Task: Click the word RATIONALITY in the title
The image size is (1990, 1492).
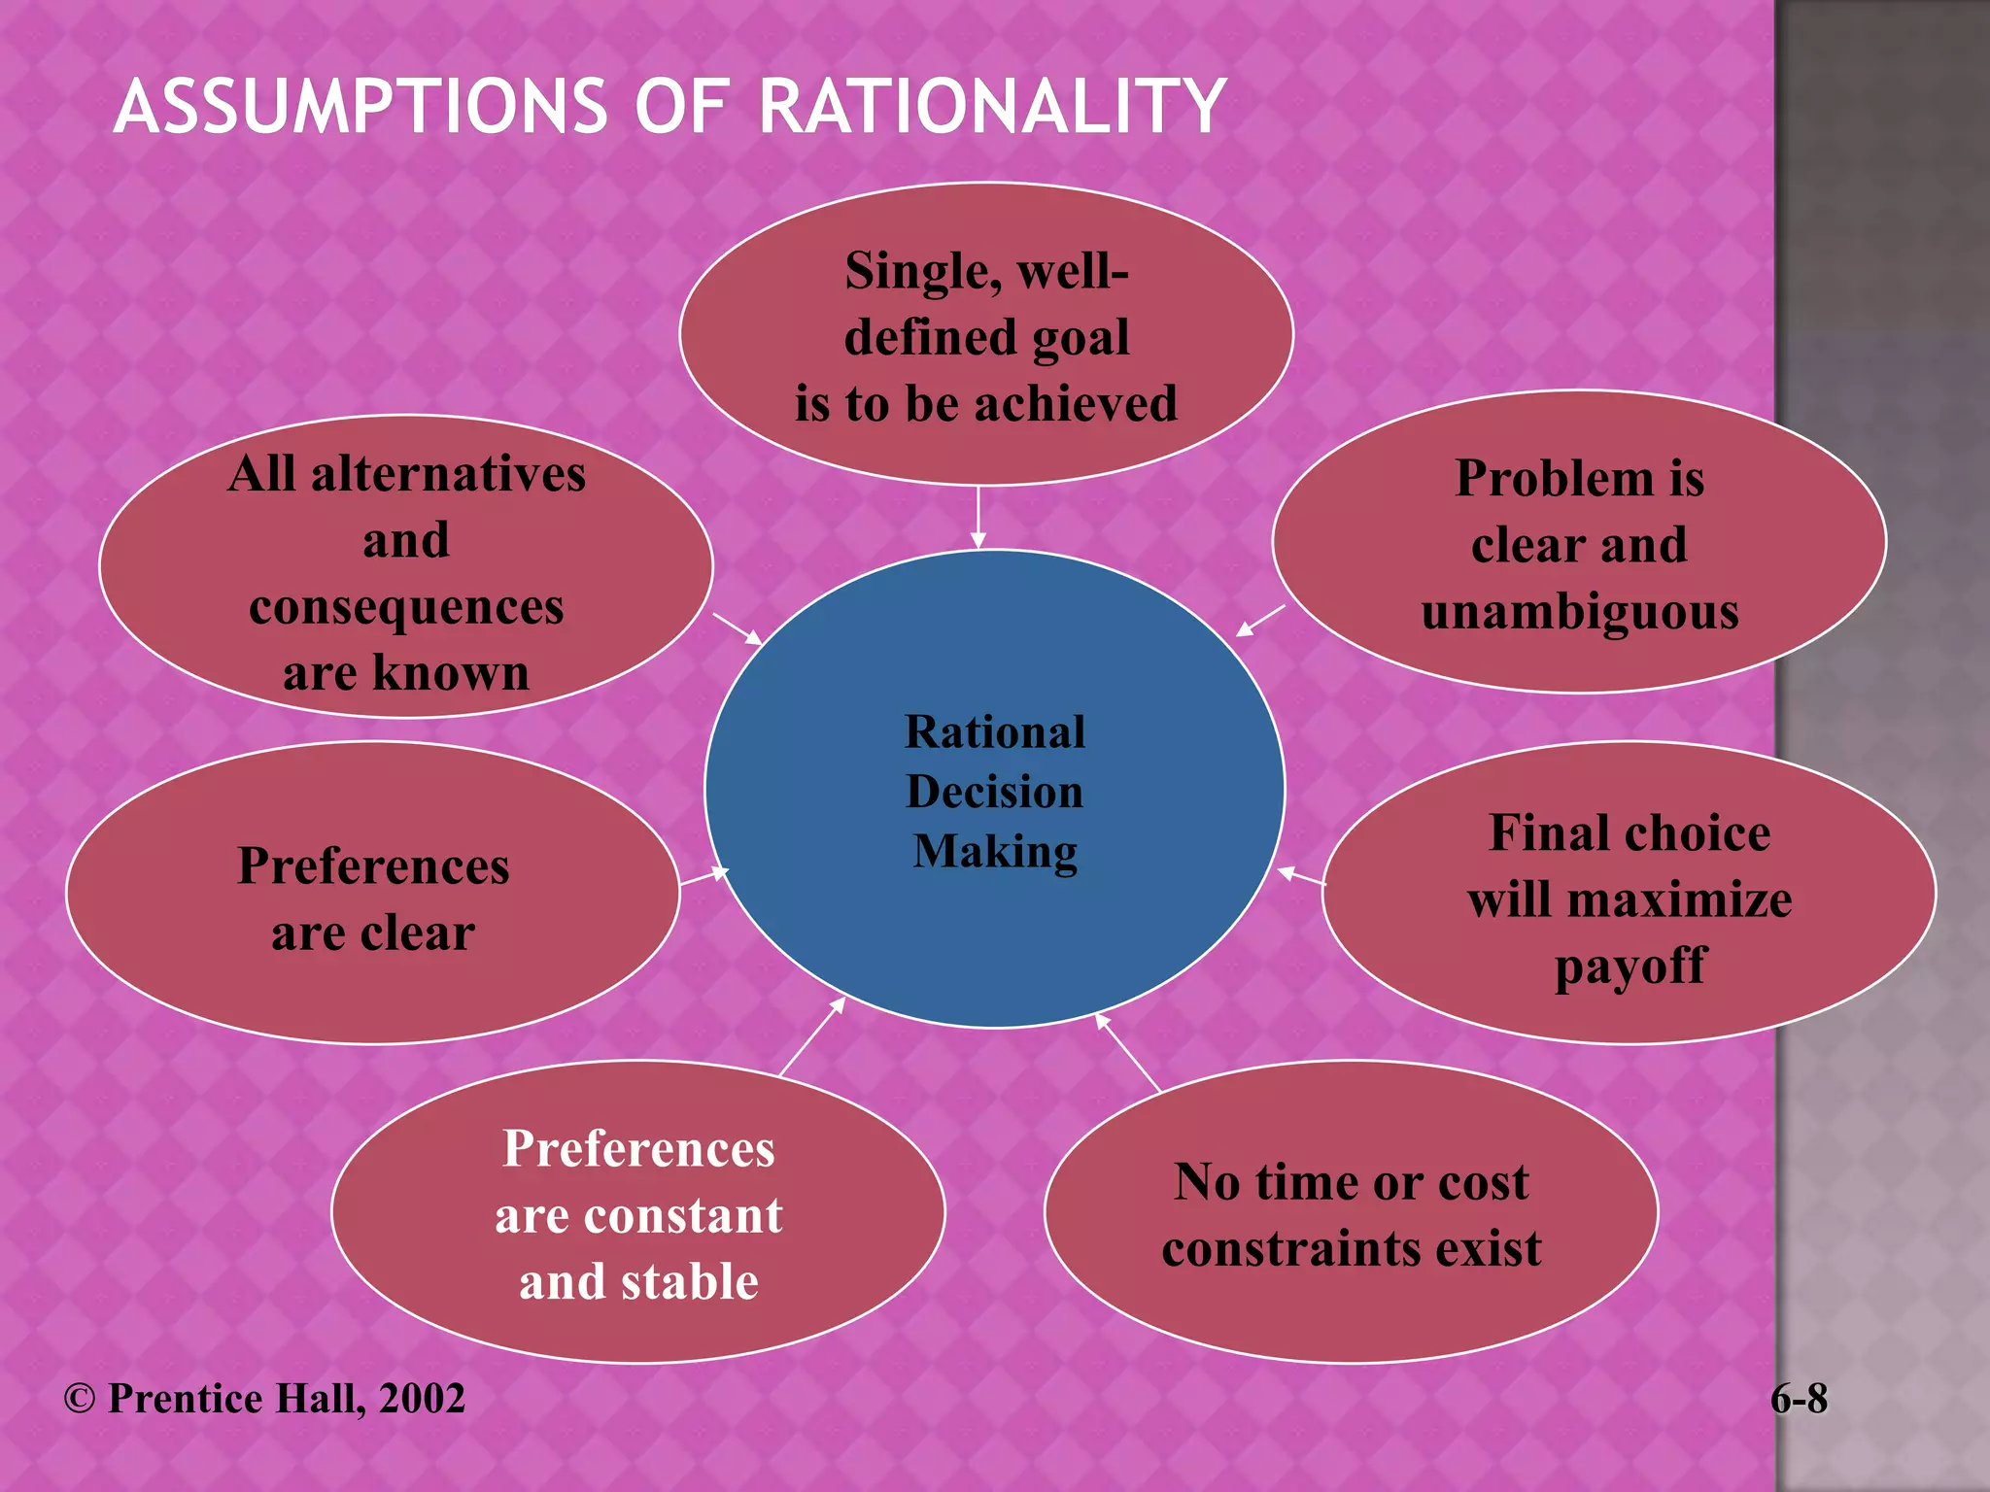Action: point(991,107)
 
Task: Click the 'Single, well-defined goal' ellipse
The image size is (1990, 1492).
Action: point(985,335)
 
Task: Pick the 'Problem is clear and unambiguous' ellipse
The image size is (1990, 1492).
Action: point(1579,542)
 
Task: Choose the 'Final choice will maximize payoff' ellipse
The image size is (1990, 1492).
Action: point(1630,894)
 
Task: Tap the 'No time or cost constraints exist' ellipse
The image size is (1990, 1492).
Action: point(1351,1212)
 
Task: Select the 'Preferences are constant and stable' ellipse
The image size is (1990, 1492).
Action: point(638,1212)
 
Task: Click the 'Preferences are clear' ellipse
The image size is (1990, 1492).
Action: point(373,894)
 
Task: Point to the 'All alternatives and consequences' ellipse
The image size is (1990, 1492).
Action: point(406,567)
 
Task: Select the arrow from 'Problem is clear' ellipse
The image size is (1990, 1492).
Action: point(1260,621)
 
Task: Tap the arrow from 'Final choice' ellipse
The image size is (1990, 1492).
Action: point(1301,876)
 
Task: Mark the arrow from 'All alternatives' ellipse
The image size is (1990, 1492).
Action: point(738,628)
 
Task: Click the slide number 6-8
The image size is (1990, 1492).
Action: point(1799,1399)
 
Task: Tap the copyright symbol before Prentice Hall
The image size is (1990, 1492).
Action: point(80,1399)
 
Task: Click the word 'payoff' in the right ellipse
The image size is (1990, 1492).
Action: point(1630,966)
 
